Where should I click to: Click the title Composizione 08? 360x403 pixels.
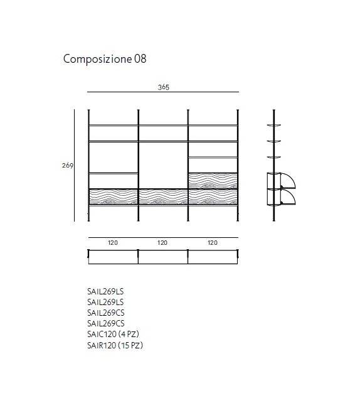pyautogui.click(x=105, y=59)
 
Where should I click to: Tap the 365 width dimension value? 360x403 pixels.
pyautogui.click(x=164, y=87)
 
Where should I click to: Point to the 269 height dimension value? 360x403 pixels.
pyautogui.click(x=68, y=165)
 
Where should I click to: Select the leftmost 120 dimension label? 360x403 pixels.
pyautogui.click(x=113, y=243)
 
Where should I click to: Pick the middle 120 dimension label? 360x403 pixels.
pyautogui.click(x=162, y=243)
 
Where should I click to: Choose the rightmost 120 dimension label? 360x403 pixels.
pyautogui.click(x=213, y=243)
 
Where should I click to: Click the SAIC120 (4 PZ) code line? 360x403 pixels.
pyautogui.click(x=113, y=334)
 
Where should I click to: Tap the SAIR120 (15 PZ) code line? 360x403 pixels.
pyautogui.click(x=115, y=345)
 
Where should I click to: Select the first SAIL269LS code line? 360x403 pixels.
pyautogui.click(x=105, y=291)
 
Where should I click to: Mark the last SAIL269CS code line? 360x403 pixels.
pyautogui.click(x=106, y=323)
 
